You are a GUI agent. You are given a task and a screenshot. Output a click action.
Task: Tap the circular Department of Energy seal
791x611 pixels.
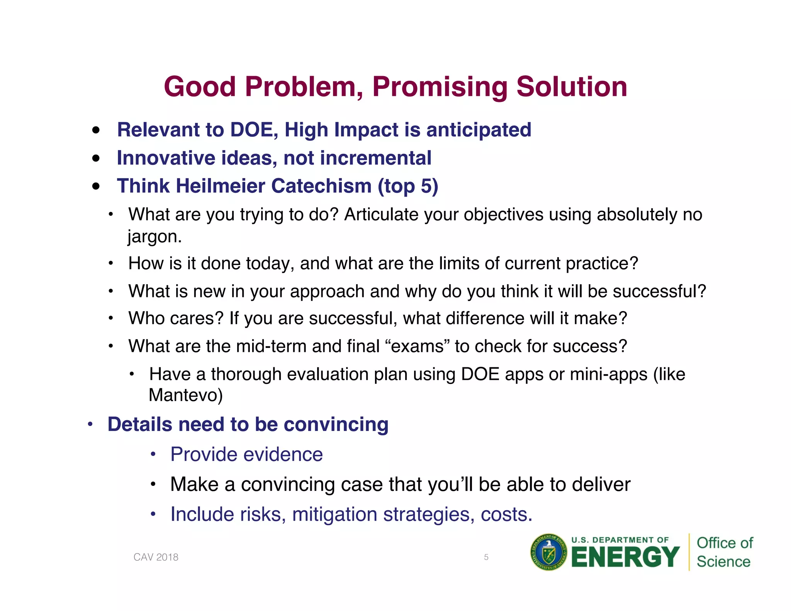548,553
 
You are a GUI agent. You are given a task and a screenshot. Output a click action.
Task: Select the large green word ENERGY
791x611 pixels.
625,557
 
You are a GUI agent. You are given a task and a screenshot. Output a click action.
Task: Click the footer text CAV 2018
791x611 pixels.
156,557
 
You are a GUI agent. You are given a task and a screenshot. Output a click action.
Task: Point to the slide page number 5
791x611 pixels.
486,557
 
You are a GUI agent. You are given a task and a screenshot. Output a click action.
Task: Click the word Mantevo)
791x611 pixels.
186,395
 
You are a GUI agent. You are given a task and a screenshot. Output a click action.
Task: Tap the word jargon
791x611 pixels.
154,236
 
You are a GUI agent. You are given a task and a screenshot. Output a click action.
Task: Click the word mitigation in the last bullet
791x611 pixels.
334,514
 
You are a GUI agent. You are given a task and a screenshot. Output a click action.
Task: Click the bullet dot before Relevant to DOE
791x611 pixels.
96,130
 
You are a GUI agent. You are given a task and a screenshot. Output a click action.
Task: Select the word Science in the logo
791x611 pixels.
723,562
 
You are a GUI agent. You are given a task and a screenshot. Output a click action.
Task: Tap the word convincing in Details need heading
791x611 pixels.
336,424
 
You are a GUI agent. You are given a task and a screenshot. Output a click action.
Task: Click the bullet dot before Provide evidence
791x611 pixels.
153,454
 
